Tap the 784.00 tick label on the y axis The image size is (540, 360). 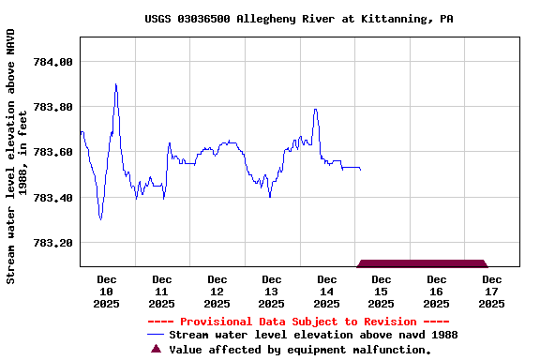[x=52, y=62]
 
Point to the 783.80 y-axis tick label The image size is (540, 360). [x=52, y=107]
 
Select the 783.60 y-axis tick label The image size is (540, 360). [x=52, y=152]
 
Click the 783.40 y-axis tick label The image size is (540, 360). [x=52, y=198]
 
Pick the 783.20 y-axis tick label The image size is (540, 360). [x=52, y=243]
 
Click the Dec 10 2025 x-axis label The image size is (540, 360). [x=107, y=291]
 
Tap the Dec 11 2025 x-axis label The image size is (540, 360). [x=161, y=291]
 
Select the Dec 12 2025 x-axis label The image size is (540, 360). [x=217, y=291]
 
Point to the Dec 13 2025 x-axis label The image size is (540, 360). [x=271, y=291]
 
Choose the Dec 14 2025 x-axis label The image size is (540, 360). [x=326, y=291]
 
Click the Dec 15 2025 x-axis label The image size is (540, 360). [x=381, y=291]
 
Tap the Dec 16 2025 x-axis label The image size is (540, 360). [x=436, y=291]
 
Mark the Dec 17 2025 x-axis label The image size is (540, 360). [x=491, y=291]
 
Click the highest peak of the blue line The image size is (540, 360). [x=115, y=84]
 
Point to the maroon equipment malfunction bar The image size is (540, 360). [x=422, y=263]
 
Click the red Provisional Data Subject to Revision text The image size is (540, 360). [x=299, y=322]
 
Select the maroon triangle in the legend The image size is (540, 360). [x=157, y=350]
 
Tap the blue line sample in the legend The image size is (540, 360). [x=156, y=335]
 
